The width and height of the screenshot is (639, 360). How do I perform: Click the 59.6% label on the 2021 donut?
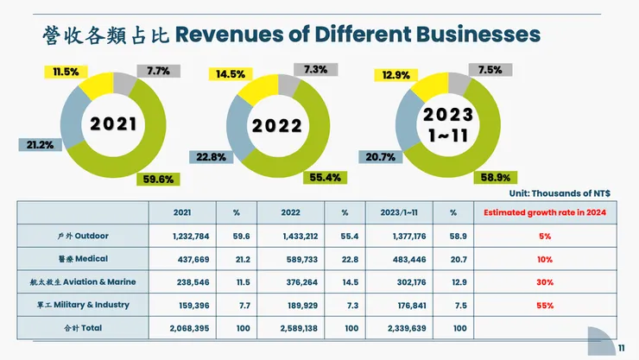158,180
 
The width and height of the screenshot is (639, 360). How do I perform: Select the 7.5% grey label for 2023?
490,71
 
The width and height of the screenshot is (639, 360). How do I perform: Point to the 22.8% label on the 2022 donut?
211,157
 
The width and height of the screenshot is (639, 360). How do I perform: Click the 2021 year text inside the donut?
114,123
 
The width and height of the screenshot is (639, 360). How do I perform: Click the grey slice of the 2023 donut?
459,84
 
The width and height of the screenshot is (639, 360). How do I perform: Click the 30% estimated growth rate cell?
544,281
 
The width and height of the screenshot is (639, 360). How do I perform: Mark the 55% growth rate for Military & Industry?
544,305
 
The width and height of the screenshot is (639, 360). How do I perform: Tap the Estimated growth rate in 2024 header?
544,212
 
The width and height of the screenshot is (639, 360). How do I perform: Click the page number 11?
621,348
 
